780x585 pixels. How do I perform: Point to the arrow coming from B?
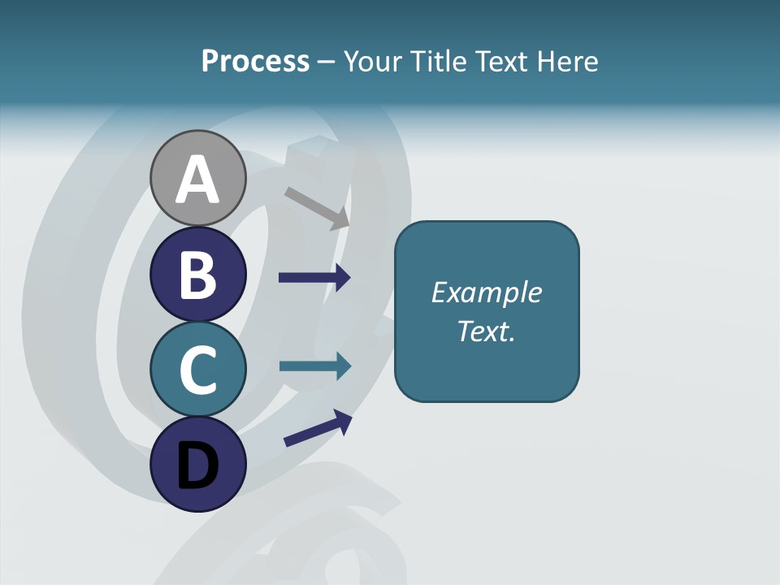(314, 277)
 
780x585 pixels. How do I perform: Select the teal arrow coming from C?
(314, 366)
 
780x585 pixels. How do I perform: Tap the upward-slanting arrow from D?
(318, 427)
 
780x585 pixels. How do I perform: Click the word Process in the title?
(255, 61)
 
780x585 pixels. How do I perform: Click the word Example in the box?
(486, 292)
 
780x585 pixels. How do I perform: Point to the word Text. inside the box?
(486, 331)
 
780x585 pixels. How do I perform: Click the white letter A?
(197, 180)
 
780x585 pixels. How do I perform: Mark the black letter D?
(197, 466)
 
